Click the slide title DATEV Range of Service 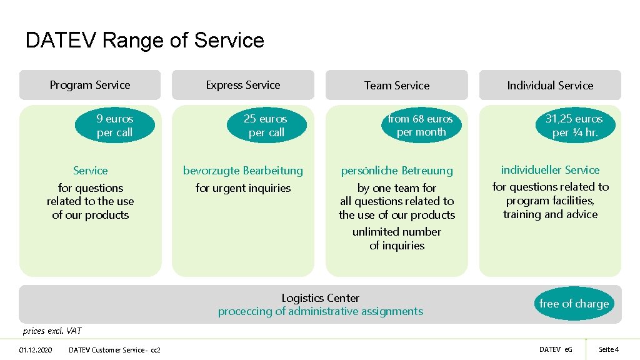(x=144, y=41)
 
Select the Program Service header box (x=90, y=85)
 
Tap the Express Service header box (x=243, y=85)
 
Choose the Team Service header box (x=397, y=86)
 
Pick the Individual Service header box (x=550, y=86)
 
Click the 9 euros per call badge (x=114, y=126)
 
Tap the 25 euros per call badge (x=266, y=126)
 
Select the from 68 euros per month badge (x=421, y=125)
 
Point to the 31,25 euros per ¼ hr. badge (x=574, y=126)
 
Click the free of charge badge (x=574, y=304)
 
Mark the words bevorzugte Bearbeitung (x=243, y=171)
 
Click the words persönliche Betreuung (x=397, y=171)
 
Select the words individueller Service (x=550, y=170)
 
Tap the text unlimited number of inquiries (x=397, y=239)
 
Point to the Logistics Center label (x=320, y=298)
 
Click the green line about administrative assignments (x=320, y=311)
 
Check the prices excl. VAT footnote (x=52, y=331)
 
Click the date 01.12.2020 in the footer (x=36, y=349)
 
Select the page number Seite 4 (x=608, y=349)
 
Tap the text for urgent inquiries (x=243, y=188)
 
